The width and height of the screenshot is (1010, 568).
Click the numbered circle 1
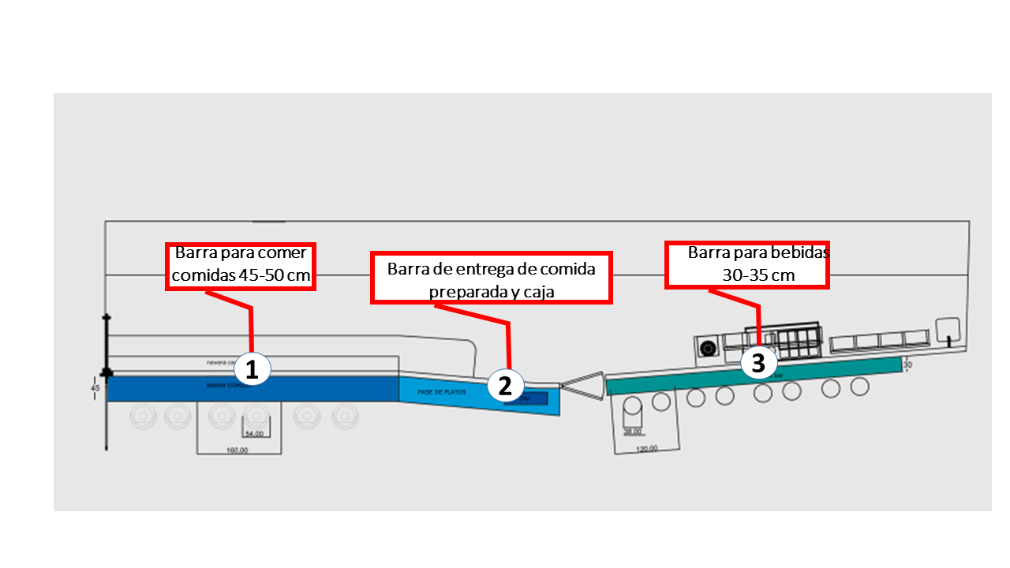pyautogui.click(x=252, y=369)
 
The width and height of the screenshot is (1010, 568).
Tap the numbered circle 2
pyautogui.click(x=505, y=385)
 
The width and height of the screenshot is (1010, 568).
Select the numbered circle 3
pyautogui.click(x=757, y=362)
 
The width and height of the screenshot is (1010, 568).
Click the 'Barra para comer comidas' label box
pyautogui.click(x=241, y=267)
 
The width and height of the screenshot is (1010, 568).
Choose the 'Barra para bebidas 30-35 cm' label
pyautogui.click(x=746, y=264)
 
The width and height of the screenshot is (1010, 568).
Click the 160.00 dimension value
pyautogui.click(x=238, y=450)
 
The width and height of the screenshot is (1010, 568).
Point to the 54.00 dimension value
pyautogui.click(x=255, y=434)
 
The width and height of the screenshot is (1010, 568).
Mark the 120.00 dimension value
pyautogui.click(x=646, y=448)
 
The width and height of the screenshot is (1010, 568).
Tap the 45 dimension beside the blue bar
pyautogui.click(x=95, y=388)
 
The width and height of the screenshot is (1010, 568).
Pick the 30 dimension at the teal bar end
pyautogui.click(x=907, y=364)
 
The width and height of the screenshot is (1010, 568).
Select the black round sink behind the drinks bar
pyautogui.click(x=708, y=348)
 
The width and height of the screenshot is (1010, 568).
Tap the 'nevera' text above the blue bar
pyautogui.click(x=217, y=363)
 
